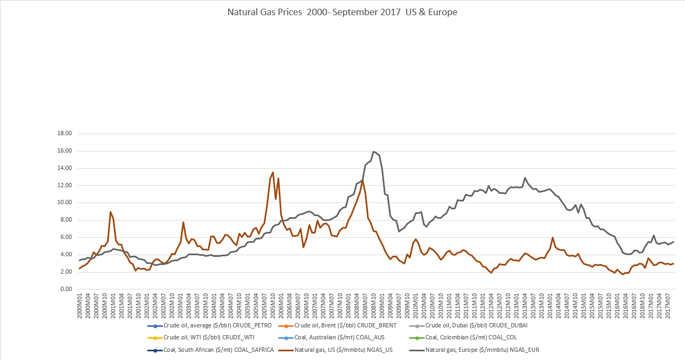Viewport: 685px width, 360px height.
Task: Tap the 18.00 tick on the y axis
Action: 65,134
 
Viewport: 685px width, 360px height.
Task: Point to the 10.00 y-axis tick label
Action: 65,203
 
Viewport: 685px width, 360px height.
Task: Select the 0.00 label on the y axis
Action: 66,289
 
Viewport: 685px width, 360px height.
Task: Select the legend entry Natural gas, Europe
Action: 474,350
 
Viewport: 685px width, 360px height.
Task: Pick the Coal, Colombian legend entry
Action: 474,338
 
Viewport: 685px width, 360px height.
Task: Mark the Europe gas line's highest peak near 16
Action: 374,151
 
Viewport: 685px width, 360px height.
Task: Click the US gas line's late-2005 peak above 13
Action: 273,172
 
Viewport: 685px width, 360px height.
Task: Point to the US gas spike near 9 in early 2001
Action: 111,212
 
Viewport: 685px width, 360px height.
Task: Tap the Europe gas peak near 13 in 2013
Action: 525,178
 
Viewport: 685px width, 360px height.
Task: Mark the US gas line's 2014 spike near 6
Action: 552,237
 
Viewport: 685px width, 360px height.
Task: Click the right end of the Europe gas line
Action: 674,242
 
